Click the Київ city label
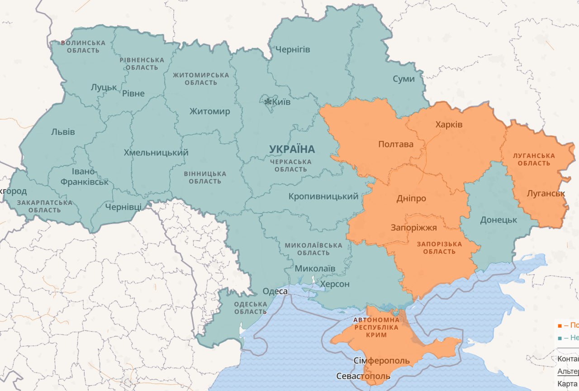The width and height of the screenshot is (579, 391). click(x=282, y=102)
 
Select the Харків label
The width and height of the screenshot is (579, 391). click(x=449, y=124)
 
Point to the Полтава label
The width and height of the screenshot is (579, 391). click(x=396, y=144)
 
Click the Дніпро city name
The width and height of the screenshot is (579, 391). click(x=411, y=198)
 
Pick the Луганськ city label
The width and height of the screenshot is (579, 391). click(x=546, y=193)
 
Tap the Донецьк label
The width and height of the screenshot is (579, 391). click(x=498, y=220)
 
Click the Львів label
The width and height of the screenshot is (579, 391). click(x=63, y=132)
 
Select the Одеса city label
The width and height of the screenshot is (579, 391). click(x=275, y=291)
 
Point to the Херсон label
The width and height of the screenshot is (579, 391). click(x=335, y=284)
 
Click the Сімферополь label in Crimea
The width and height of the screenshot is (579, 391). click(x=381, y=361)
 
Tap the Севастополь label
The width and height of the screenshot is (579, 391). click(x=363, y=376)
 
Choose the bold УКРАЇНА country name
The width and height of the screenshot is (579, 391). click(x=292, y=149)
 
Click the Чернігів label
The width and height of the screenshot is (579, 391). click(x=293, y=49)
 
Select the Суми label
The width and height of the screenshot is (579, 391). click(x=403, y=79)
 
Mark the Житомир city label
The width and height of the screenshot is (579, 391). click(x=209, y=111)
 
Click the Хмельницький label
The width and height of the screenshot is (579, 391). click(x=156, y=153)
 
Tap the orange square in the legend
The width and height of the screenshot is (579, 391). click(x=560, y=325)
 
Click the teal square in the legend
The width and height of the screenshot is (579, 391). click(x=560, y=338)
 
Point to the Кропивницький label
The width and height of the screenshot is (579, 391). click(x=323, y=196)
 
